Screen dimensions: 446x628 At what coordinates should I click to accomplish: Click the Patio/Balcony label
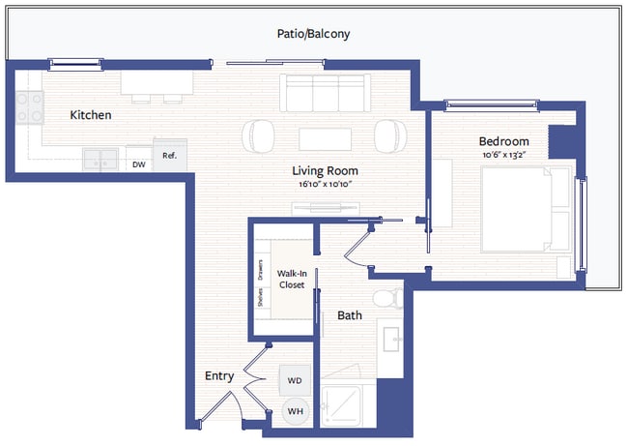(313, 34)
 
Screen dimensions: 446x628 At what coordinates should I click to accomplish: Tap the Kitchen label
(91, 115)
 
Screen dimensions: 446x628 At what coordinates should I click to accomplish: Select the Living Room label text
(324, 170)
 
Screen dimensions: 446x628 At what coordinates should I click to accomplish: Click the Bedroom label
(503, 141)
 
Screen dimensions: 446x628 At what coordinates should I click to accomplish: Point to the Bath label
(349, 315)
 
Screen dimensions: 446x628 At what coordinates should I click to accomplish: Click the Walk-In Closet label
(292, 280)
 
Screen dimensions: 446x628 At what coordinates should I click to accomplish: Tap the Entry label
(219, 375)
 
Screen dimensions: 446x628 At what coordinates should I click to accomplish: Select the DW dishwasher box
(139, 164)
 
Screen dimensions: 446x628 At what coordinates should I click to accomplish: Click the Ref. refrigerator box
(169, 157)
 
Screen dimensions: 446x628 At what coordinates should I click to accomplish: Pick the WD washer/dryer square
(296, 380)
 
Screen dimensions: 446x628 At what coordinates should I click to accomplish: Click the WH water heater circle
(296, 411)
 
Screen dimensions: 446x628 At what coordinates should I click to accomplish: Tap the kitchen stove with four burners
(30, 106)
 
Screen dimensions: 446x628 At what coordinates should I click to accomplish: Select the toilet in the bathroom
(388, 298)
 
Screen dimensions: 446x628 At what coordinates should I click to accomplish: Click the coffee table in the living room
(324, 137)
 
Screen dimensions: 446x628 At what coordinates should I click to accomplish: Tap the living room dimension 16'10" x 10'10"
(324, 184)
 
